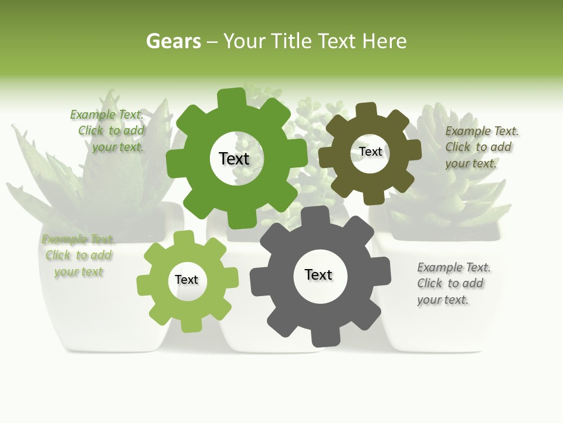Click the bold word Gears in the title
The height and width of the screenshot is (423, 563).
click(x=173, y=41)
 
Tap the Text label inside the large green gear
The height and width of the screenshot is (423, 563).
click(x=234, y=159)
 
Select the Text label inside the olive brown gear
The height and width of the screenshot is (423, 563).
click(x=370, y=152)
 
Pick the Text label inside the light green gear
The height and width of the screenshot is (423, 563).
click(x=186, y=280)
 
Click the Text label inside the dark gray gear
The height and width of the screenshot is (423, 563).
click(x=318, y=274)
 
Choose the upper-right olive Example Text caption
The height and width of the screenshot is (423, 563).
click(x=481, y=147)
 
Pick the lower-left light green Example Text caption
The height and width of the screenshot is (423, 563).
click(x=78, y=255)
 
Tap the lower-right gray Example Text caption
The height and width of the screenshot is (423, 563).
click(x=453, y=283)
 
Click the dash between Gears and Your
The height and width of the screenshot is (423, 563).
click(x=212, y=41)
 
